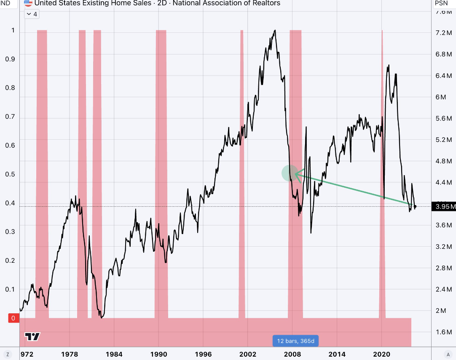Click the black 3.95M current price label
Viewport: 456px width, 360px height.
(443, 207)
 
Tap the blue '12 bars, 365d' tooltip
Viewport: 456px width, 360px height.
(295, 341)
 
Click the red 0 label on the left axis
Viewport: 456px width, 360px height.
(13, 318)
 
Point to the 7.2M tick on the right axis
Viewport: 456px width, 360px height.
(443, 33)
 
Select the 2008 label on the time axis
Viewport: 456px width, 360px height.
(292, 354)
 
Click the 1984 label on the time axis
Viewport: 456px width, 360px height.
(114, 354)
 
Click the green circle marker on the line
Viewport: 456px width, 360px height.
(290, 173)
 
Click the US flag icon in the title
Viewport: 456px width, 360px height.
(28, 3)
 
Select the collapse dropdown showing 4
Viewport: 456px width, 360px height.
(32, 14)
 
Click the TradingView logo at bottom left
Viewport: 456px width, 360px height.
(32, 336)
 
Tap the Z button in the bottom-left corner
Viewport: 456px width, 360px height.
(7, 354)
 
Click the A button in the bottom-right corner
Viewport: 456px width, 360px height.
(448, 354)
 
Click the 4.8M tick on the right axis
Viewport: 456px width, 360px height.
(443, 161)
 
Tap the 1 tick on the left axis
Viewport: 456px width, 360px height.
(13, 30)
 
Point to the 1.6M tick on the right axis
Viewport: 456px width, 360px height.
(443, 332)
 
